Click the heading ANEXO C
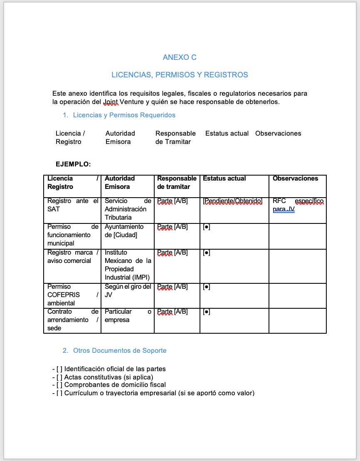pos(180,57)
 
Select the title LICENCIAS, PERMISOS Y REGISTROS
pos(180,75)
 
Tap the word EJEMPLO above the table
pos(73,164)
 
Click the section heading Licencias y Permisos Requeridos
pos(124,115)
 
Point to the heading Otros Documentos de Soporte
pos(120,351)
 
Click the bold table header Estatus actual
pos(224,178)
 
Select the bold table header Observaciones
pos(295,178)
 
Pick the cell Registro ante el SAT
pos(72,205)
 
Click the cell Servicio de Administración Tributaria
pos(127,209)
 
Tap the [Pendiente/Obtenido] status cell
pos(232,201)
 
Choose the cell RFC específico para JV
pos(297,205)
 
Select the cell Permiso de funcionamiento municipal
pos(72,235)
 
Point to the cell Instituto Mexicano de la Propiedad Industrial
pos(127,265)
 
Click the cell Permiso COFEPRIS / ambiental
pos(72,295)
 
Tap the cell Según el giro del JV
pos(127,291)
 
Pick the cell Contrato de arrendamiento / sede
pos(72,320)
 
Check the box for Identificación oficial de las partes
pos(59,369)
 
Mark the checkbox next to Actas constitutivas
pos(59,377)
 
